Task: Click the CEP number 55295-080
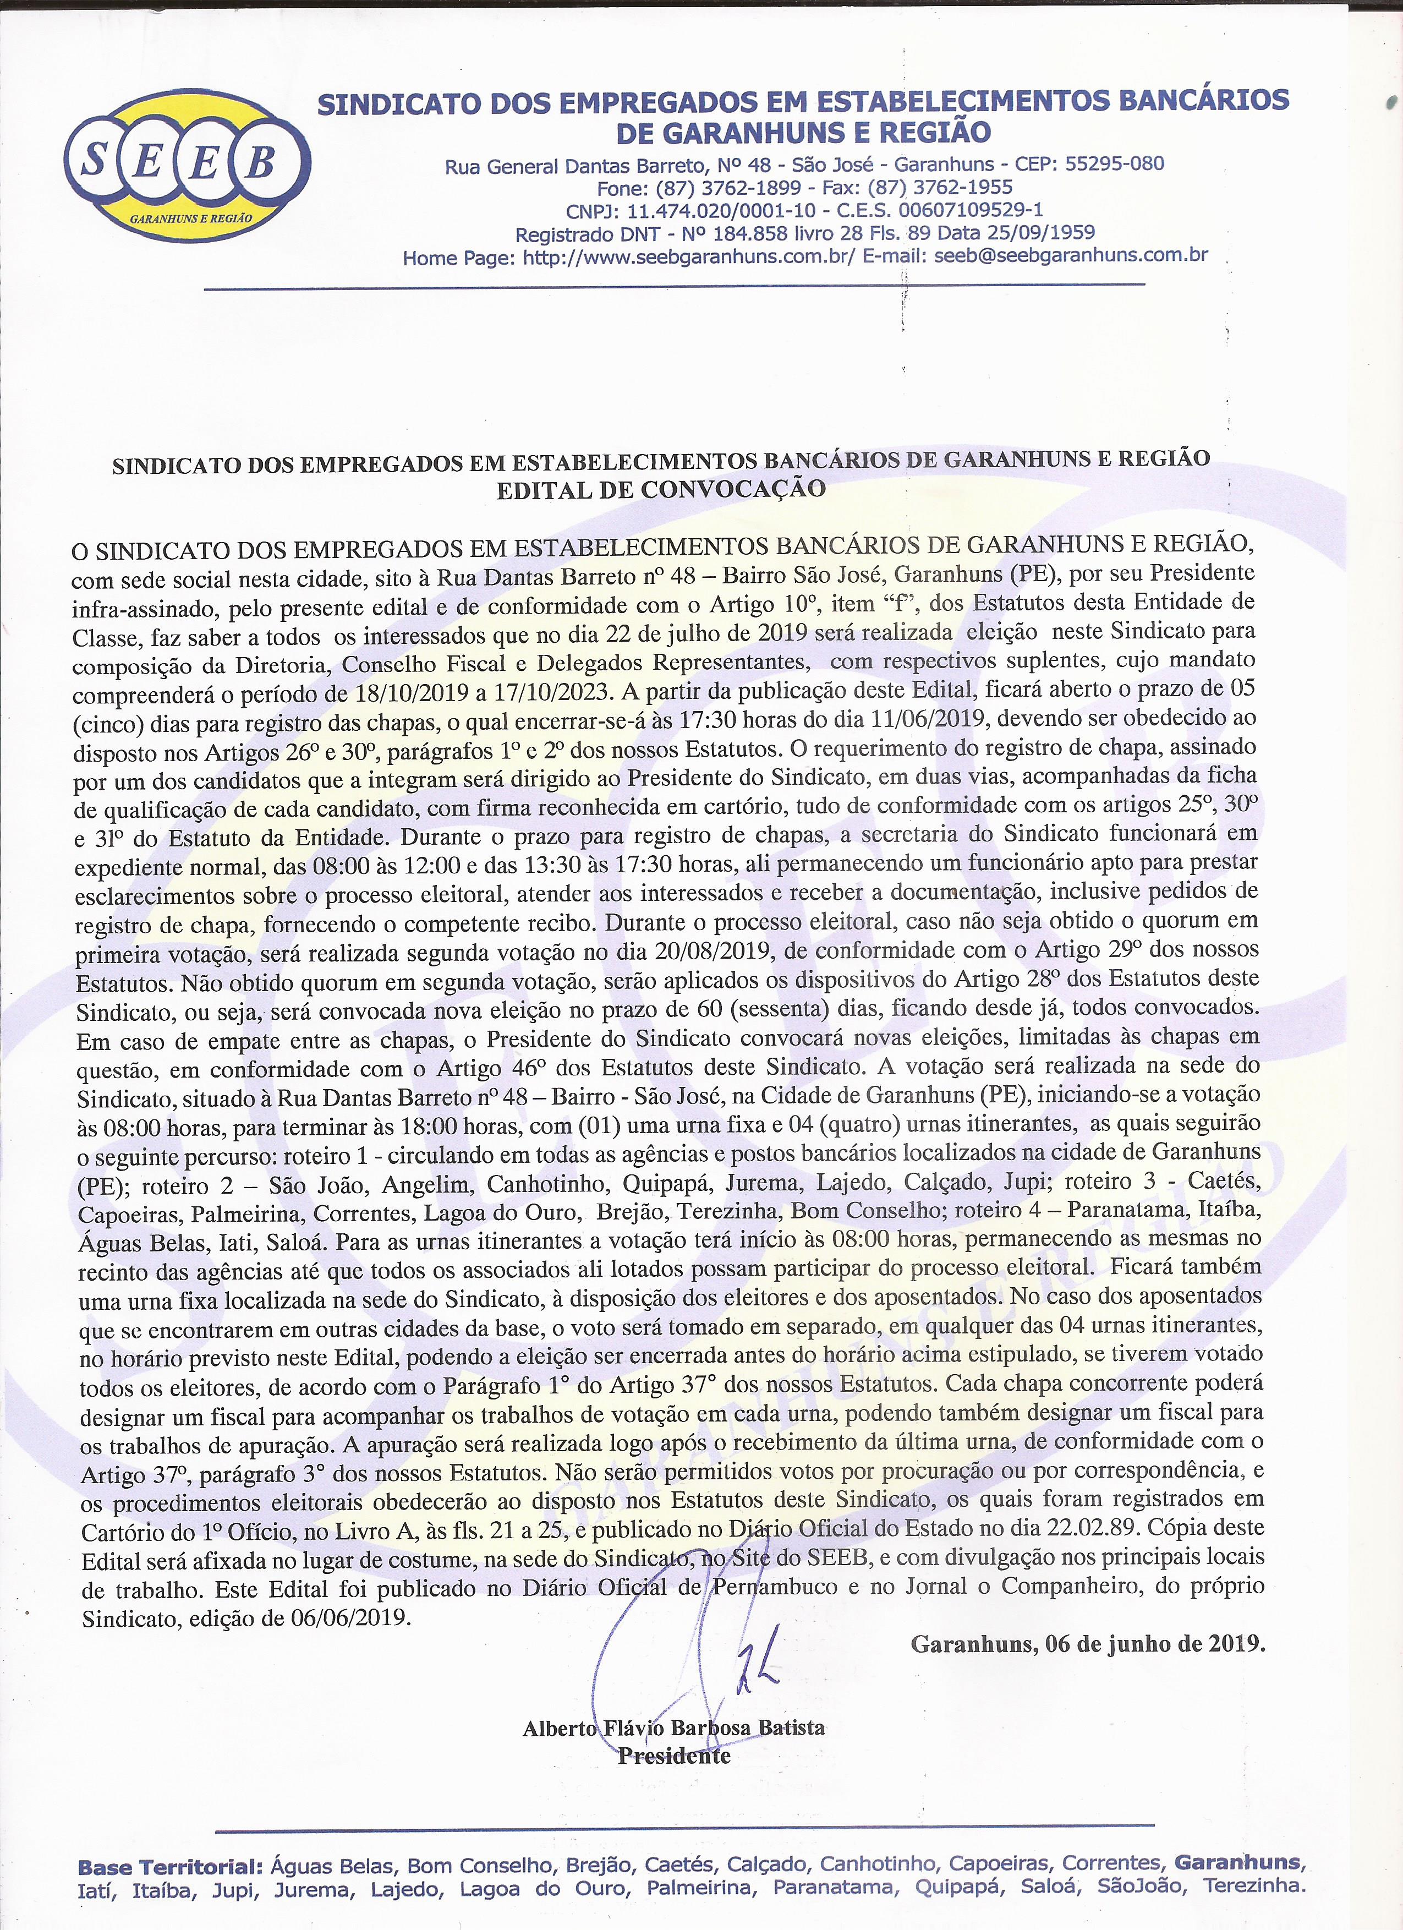(1115, 163)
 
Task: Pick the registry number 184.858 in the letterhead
(741, 232)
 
